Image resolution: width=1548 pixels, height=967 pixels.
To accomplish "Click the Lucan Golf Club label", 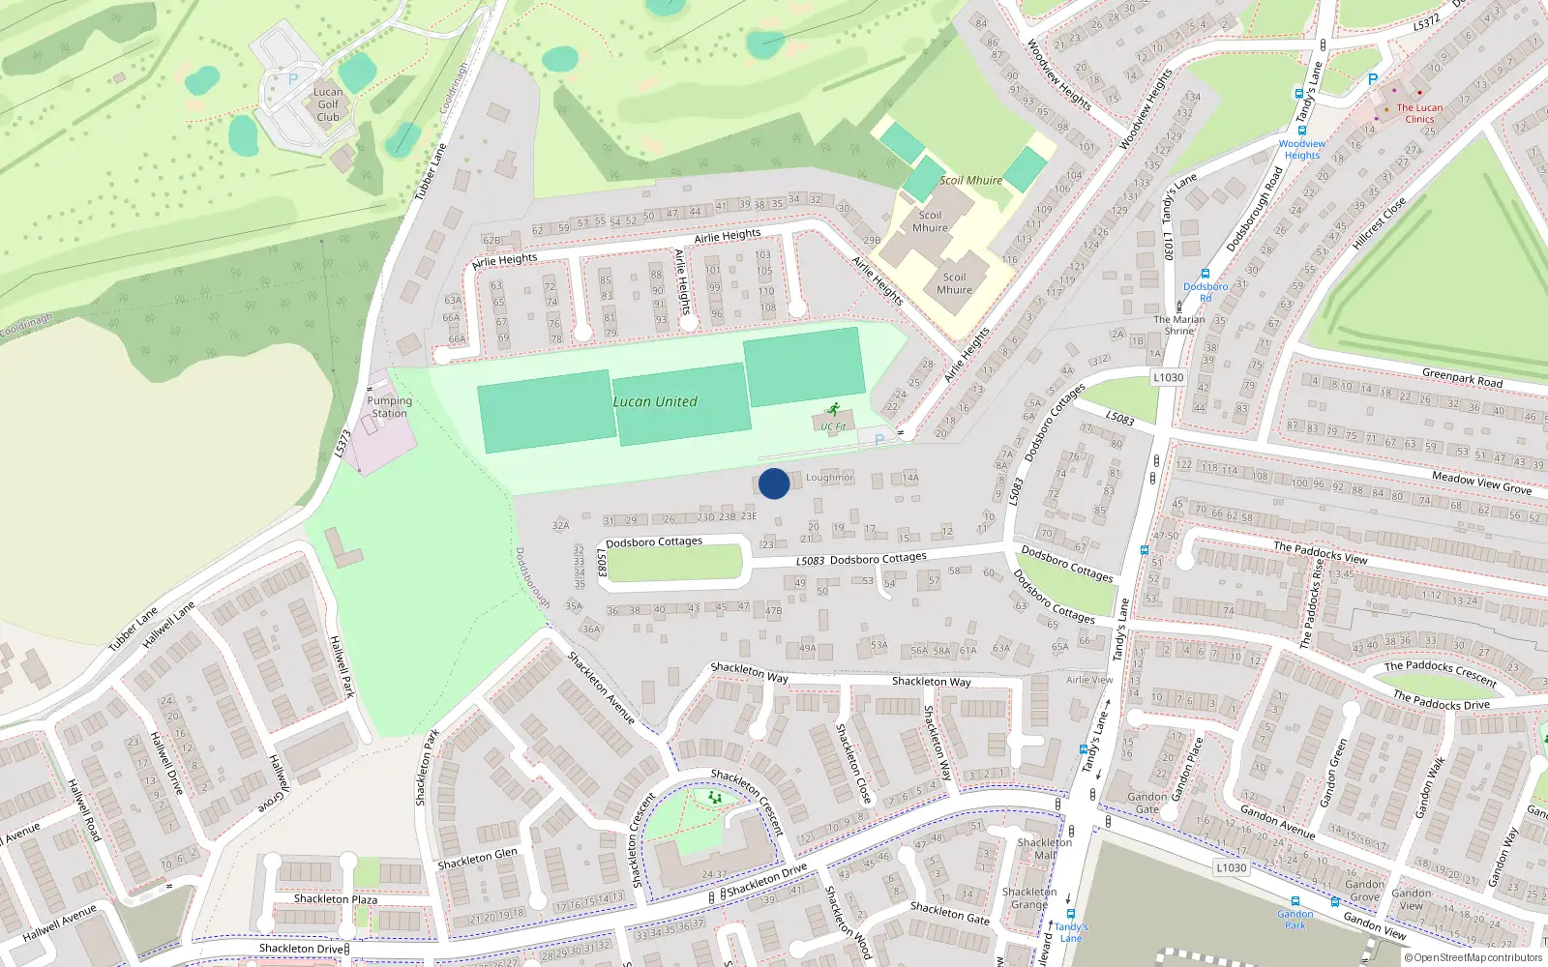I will [x=328, y=104].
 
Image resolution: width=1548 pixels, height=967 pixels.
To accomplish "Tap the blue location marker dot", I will [x=774, y=483].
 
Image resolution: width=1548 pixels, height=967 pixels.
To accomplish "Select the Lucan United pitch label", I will [x=655, y=402].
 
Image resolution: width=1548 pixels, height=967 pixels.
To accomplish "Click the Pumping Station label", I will [x=389, y=407].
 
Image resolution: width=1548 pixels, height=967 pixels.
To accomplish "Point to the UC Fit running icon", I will [x=834, y=411].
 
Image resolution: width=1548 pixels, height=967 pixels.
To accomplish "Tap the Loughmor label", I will [x=829, y=478].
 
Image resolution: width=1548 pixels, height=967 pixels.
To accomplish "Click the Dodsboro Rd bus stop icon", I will [x=1205, y=275].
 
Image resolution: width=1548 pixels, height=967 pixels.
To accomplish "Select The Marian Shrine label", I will [x=1179, y=325].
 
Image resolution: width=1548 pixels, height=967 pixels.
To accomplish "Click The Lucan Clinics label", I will [x=1419, y=113].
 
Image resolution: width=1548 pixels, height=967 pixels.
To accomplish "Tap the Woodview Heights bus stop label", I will [x=1301, y=149].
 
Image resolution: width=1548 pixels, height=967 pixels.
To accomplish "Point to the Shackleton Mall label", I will [x=1044, y=848].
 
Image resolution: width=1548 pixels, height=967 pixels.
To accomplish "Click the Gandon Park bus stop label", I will [x=1295, y=920].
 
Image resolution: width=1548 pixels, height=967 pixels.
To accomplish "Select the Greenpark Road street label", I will [x=1462, y=377].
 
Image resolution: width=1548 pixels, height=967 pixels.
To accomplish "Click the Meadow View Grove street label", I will [x=1481, y=483].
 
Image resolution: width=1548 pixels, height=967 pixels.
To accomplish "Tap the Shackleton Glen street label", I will [x=477, y=859].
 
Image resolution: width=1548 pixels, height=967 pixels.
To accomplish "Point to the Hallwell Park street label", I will [x=342, y=667].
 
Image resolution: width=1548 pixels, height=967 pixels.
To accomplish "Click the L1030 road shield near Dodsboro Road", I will [x=1168, y=377].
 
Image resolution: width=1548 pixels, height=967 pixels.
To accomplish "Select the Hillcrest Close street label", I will [x=1379, y=224].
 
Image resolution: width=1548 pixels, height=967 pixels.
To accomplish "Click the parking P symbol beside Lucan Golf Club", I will [x=293, y=80].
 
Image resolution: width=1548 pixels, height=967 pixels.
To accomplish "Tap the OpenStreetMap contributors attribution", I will [x=1473, y=957].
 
